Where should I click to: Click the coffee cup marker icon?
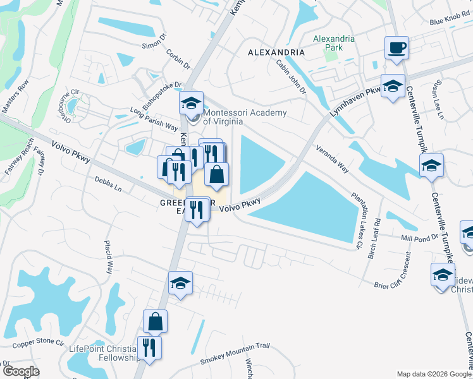[x=396, y=47]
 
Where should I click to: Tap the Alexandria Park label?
[x=334, y=43]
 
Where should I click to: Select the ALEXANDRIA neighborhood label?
[x=276, y=52]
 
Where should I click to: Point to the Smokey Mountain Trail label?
[x=235, y=353]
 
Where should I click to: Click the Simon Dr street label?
[x=154, y=45]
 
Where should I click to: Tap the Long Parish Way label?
[x=154, y=117]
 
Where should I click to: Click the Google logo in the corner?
[x=21, y=371]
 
